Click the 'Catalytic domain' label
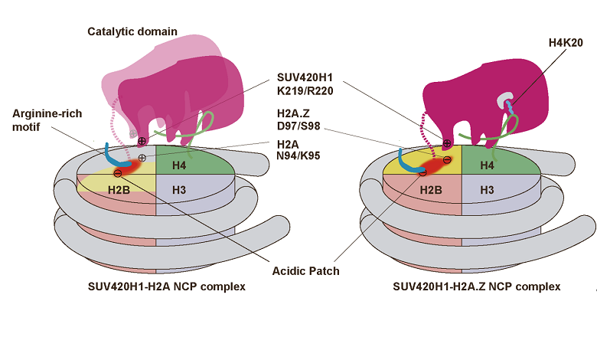coord(132,31)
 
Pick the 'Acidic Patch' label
coord(305,271)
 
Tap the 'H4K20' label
coord(566,43)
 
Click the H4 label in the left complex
coord(178,166)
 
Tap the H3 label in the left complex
coord(178,189)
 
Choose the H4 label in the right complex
coord(485,165)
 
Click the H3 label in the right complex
coord(485,188)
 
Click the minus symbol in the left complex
coord(117,174)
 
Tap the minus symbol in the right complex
coord(422,173)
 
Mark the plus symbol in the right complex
coord(447,143)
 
